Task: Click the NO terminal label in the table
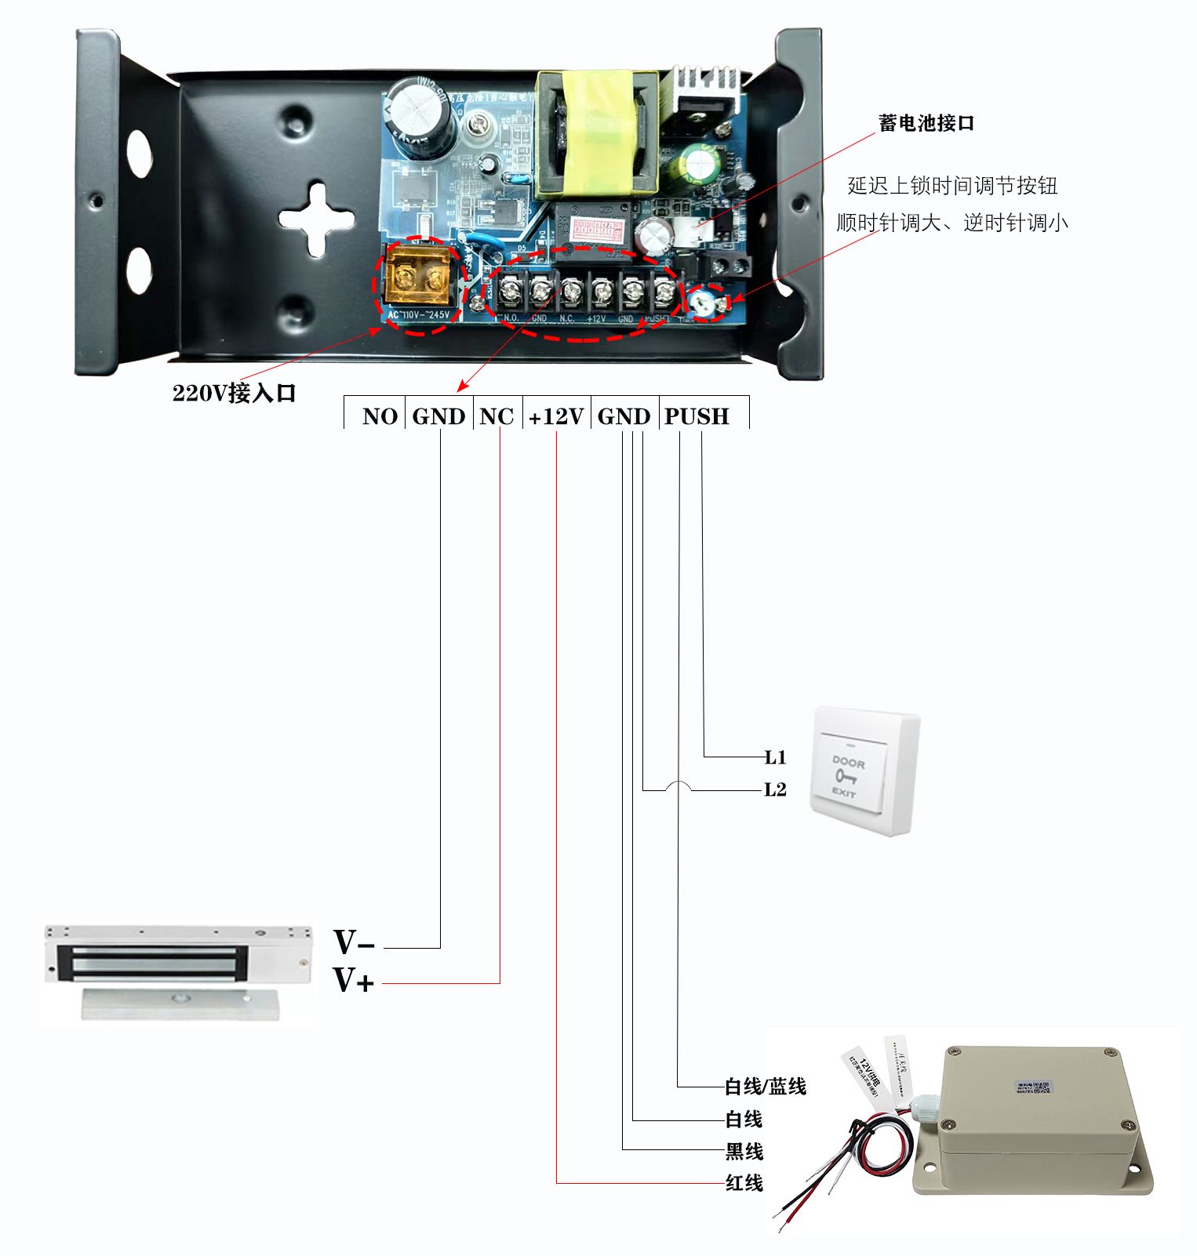380,416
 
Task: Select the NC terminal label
497,416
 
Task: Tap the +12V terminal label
556,416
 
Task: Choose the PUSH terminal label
697,416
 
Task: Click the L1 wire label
775,757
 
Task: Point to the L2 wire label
775,790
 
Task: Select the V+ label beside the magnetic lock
354,981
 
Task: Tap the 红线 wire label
744,1182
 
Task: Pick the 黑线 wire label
744,1151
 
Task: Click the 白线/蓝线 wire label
765,1087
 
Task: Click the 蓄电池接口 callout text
926,123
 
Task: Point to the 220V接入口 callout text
234,393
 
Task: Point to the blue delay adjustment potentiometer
706,302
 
